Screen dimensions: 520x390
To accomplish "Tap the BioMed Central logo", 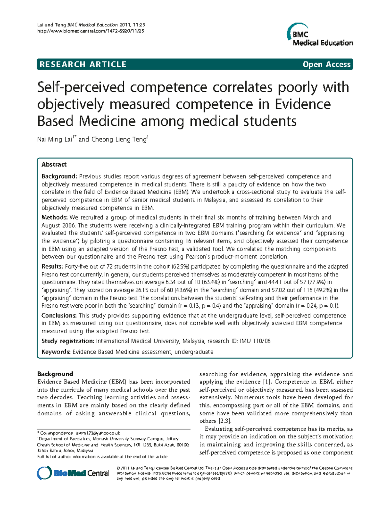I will pos(73,473).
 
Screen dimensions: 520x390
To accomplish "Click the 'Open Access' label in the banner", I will pos(326,64).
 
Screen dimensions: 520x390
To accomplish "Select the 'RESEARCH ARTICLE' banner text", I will pos(83,64).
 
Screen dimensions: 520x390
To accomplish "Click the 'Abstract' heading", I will pos(54,165).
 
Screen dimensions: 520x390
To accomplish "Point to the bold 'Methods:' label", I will pos(55,217).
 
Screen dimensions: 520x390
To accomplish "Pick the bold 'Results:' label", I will pos(53,267).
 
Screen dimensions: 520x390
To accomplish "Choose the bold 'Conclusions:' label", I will pos(59,315).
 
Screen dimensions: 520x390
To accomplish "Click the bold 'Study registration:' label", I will pos(68,341).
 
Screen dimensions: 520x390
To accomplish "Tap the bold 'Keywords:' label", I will pos(56,352).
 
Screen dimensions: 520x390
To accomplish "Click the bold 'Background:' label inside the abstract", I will pos(59,176).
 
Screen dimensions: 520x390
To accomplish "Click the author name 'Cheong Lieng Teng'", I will pos(119,140).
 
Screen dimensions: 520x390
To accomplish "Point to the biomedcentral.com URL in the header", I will pos(91,31).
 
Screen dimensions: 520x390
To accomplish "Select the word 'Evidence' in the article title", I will pos(303,104).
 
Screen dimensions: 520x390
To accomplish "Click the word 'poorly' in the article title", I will pos(297,87).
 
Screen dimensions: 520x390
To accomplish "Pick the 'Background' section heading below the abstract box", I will pos(55,374).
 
